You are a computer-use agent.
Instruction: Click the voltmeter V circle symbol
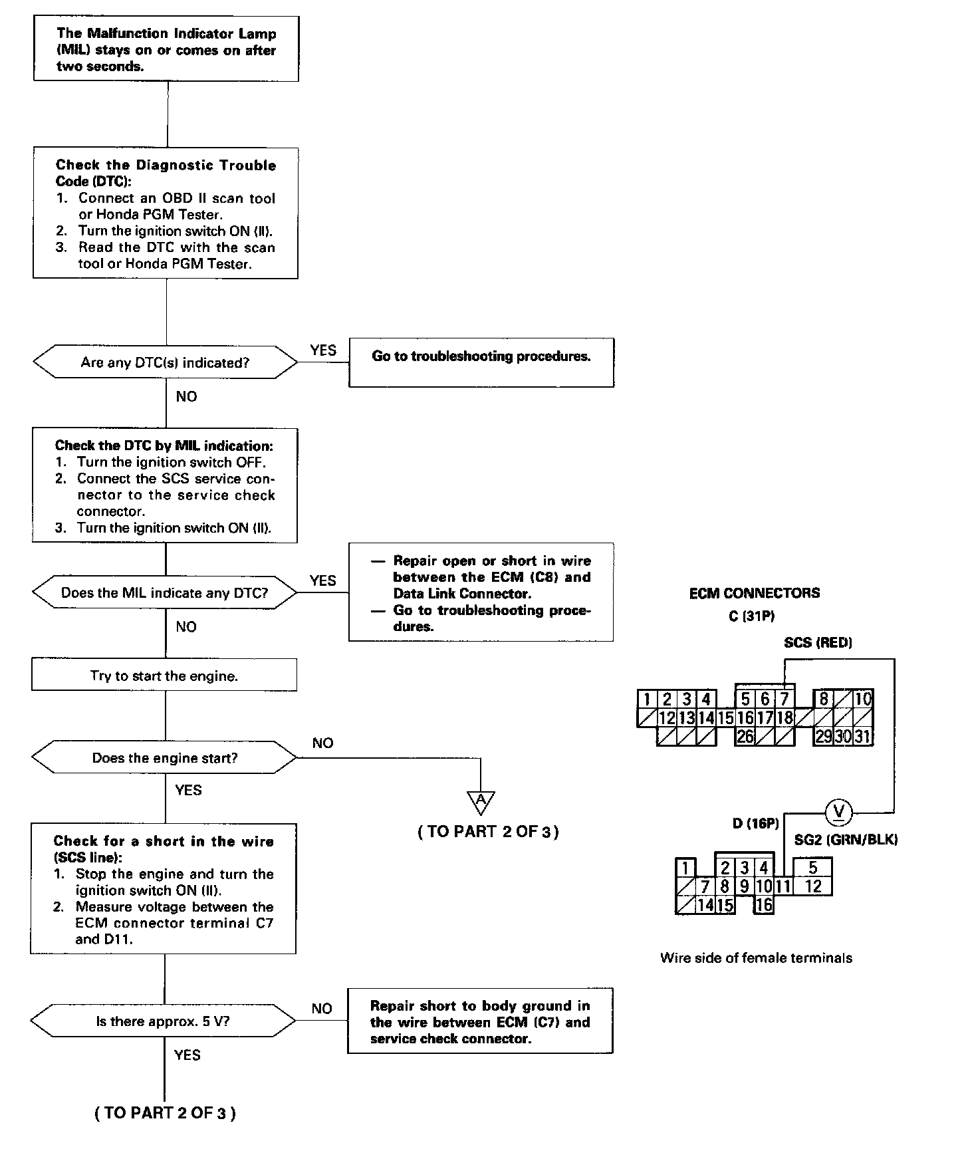click(x=839, y=811)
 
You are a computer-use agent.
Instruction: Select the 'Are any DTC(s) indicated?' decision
click(x=166, y=362)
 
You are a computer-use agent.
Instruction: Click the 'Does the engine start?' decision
click(x=165, y=758)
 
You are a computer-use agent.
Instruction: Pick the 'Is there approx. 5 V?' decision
click(x=164, y=1021)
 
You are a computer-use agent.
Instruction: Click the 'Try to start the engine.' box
click(x=164, y=676)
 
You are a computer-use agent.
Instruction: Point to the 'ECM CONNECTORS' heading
click(x=755, y=593)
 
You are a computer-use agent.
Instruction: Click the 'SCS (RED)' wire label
click(x=818, y=642)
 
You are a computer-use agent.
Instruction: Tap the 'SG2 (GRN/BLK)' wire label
click(x=846, y=840)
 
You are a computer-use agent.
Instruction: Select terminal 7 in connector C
click(x=785, y=699)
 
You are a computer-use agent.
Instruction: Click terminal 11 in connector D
click(x=783, y=886)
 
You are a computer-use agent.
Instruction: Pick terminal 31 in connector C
click(x=862, y=737)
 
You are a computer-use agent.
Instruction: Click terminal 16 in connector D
click(x=764, y=904)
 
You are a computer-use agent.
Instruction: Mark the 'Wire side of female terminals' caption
click(x=756, y=958)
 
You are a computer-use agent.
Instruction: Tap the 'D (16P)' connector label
click(x=755, y=824)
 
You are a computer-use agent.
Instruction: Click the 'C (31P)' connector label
click(x=751, y=616)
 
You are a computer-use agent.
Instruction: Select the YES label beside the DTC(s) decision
click(x=323, y=350)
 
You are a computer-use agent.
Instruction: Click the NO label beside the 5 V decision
click(x=322, y=1009)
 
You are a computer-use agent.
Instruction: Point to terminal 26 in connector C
click(x=745, y=737)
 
